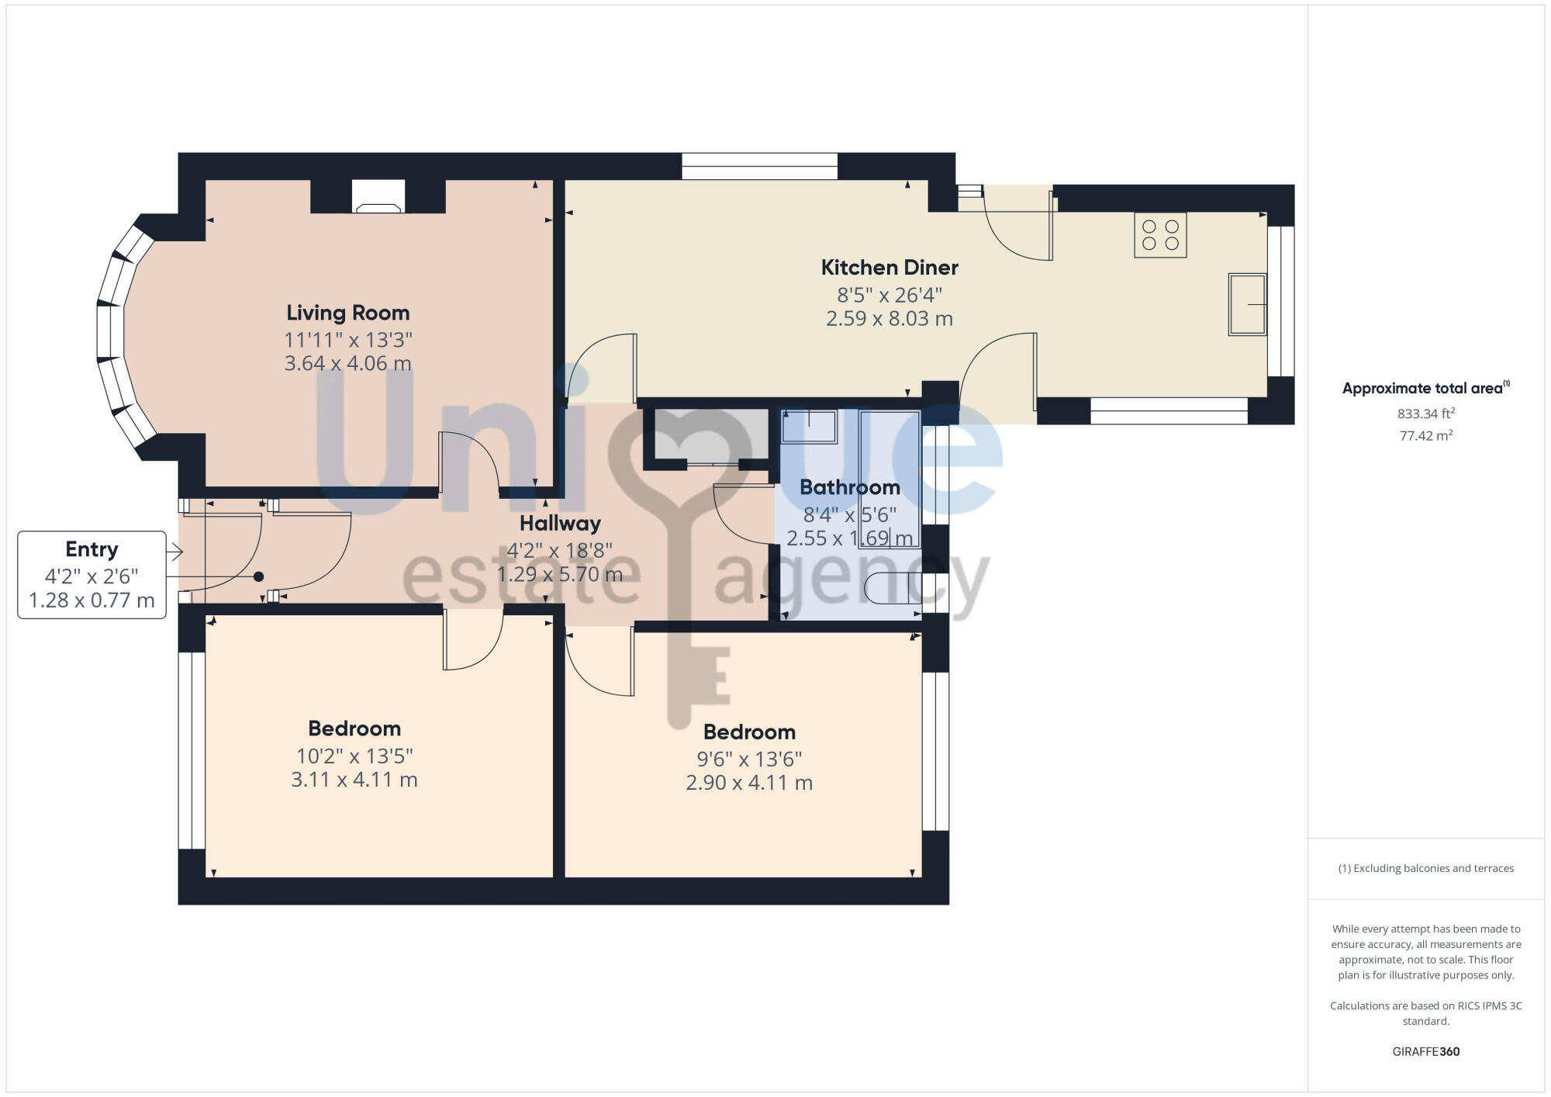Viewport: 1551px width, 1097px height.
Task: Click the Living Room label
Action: [x=347, y=313]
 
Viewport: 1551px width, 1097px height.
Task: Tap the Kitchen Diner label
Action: [x=889, y=268]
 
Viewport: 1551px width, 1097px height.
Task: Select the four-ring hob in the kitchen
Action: [x=1160, y=235]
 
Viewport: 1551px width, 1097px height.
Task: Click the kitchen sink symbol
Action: [x=1247, y=304]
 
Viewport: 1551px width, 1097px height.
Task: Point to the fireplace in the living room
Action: [x=378, y=197]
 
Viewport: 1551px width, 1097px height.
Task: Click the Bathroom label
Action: [x=849, y=487]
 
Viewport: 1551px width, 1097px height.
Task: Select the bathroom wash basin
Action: [x=809, y=427]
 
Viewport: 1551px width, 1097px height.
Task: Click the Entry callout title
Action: [x=92, y=549]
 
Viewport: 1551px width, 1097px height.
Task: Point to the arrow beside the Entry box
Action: [x=175, y=552]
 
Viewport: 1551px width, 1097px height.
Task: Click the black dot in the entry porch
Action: [x=259, y=576]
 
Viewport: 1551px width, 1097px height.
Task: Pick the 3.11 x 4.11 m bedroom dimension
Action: [x=354, y=780]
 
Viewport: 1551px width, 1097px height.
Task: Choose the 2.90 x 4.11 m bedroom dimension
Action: [x=749, y=783]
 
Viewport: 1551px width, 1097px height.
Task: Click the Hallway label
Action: [x=560, y=524]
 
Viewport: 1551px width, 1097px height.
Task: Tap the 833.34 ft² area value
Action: [x=1425, y=414]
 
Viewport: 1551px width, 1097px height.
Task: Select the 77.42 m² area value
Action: [x=1425, y=436]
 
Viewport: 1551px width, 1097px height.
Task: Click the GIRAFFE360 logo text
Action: [x=1425, y=1052]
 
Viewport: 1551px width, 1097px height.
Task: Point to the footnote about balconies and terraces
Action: [x=1425, y=868]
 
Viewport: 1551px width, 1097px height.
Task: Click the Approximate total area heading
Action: [x=1424, y=389]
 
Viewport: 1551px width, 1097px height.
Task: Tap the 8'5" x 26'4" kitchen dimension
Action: [x=889, y=295]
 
